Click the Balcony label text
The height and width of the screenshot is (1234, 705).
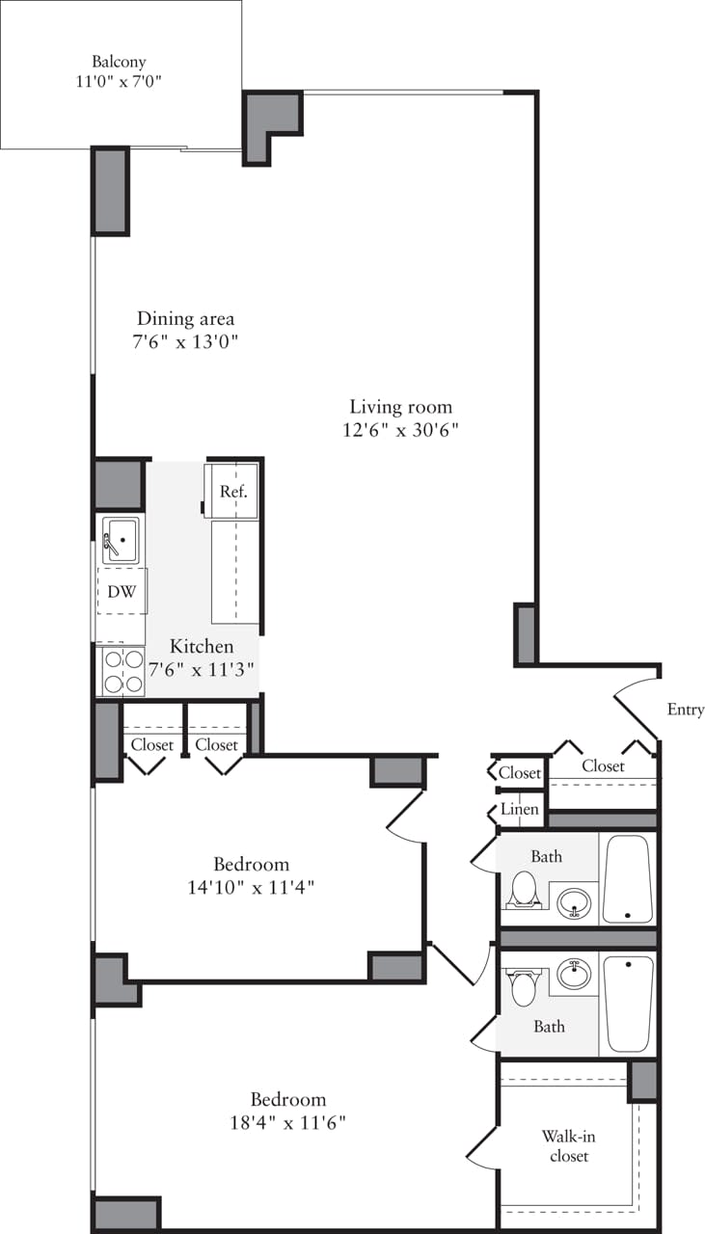click(x=121, y=62)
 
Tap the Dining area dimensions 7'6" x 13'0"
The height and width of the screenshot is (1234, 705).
click(x=185, y=340)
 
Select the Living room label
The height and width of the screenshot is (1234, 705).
click(x=400, y=407)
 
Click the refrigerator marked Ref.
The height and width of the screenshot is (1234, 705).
click(x=232, y=492)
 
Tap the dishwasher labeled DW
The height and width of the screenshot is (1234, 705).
click(x=122, y=592)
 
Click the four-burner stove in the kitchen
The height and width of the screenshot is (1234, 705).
click(x=122, y=672)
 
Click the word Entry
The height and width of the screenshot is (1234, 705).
click(x=685, y=710)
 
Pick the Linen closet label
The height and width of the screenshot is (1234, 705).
click(x=519, y=810)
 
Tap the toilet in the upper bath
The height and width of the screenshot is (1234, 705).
click(x=523, y=888)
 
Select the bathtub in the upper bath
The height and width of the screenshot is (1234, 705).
click(x=628, y=879)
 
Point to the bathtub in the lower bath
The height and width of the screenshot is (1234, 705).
click(x=628, y=1003)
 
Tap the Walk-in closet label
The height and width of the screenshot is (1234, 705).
click(x=568, y=1146)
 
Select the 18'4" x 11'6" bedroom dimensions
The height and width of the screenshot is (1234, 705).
click(x=286, y=1122)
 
